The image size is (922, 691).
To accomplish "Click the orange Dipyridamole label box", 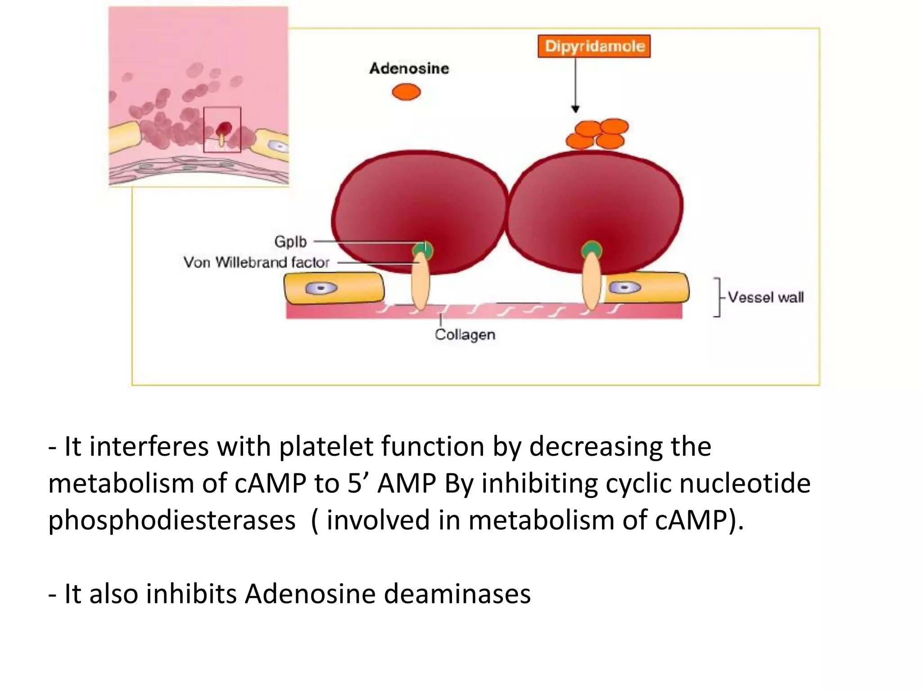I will (x=594, y=46).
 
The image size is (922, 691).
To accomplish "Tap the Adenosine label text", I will (x=409, y=68).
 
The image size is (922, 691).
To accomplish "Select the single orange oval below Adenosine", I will (x=406, y=92).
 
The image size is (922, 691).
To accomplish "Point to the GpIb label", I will (x=290, y=242).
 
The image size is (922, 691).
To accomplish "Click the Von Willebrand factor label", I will (x=256, y=262).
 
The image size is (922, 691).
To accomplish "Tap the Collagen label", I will (x=465, y=335).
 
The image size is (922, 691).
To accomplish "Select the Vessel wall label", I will (x=765, y=297).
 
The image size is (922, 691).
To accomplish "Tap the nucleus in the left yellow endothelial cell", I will (x=321, y=288).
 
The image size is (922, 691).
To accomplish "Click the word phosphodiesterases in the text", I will (x=172, y=520).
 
